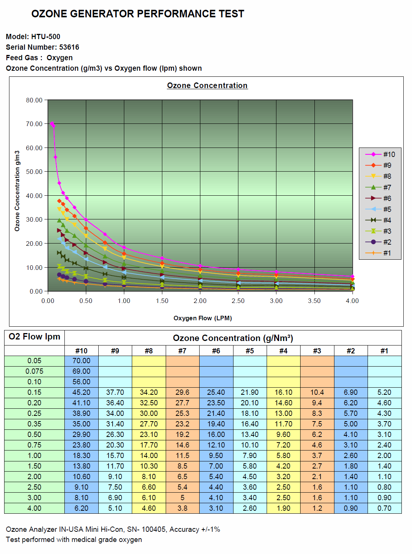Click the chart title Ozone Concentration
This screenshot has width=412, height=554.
(x=207, y=85)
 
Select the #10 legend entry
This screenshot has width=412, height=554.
(x=380, y=154)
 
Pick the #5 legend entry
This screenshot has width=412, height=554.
(x=380, y=209)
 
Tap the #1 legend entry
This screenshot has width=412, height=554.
(x=380, y=253)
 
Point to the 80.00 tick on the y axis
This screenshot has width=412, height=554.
(x=34, y=100)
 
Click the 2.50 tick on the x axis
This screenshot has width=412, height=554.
(x=238, y=301)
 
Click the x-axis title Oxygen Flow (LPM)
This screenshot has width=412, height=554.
(x=203, y=318)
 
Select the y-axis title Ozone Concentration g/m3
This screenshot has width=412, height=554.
(x=17, y=191)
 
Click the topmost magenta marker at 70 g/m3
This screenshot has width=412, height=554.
(x=52, y=124)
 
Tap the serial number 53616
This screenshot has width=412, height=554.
(x=69, y=47)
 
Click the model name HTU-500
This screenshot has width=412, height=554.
(x=46, y=37)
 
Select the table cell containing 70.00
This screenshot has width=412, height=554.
(x=81, y=361)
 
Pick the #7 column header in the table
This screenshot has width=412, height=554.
(x=182, y=351)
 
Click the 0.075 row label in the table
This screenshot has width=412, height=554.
(x=34, y=371)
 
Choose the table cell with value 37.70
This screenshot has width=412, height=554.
(x=115, y=392)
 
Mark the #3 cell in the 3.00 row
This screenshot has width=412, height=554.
(x=317, y=498)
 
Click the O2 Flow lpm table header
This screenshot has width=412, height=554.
(x=34, y=337)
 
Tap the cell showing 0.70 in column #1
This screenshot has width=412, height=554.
(x=384, y=508)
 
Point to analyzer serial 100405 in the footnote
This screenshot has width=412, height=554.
(x=154, y=529)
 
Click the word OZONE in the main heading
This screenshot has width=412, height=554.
(x=49, y=14)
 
